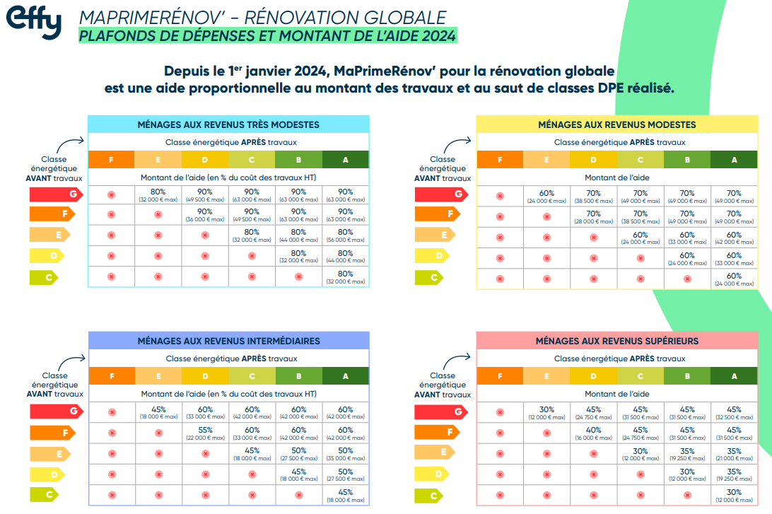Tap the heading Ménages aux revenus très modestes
point(228,124)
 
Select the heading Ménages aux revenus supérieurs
point(616,341)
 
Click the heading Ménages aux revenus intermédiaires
point(228,341)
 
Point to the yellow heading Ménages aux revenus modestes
point(616,124)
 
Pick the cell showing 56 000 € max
point(345,235)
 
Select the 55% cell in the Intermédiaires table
point(205,433)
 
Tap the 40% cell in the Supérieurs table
point(593,433)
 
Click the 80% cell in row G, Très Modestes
point(158,194)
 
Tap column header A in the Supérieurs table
point(734,376)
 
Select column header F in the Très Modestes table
point(111,160)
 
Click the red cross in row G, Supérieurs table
point(500,411)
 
